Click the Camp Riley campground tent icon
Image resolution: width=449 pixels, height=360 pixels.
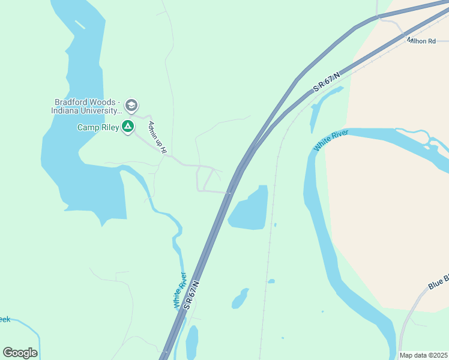(127, 127)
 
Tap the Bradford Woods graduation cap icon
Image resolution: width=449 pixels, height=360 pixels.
(132, 106)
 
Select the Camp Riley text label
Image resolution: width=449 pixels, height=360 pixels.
(98, 127)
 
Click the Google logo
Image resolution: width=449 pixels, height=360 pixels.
(20, 353)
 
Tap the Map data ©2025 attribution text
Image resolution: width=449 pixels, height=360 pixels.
(423, 355)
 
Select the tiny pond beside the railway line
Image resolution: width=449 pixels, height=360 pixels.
(271, 281)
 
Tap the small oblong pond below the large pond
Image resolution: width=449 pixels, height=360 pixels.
(240, 298)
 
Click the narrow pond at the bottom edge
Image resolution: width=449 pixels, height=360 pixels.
(192, 343)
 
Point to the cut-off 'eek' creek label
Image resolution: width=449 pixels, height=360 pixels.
(5, 319)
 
